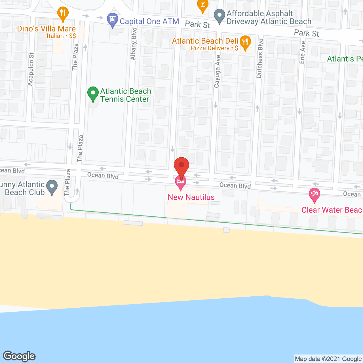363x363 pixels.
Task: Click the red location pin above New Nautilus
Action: click(x=181, y=166)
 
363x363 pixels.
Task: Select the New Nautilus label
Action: click(x=191, y=197)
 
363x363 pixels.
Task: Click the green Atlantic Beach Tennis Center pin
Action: click(x=93, y=93)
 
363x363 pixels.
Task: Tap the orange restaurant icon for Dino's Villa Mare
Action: click(x=63, y=13)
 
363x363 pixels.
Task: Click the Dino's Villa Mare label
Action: click(x=46, y=29)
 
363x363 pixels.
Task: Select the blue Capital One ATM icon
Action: click(x=113, y=20)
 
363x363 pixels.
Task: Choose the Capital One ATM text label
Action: click(x=149, y=21)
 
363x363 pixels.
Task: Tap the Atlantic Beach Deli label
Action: click(x=205, y=41)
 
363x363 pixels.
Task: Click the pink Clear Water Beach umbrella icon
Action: click(x=314, y=195)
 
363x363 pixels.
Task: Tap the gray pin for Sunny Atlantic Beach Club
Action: click(x=52, y=187)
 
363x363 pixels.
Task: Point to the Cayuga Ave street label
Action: click(x=217, y=71)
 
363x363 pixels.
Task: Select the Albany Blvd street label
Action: click(x=134, y=44)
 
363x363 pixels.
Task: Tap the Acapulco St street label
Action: click(x=31, y=69)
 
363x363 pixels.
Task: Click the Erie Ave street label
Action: click(x=302, y=52)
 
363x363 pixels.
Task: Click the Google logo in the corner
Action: click(x=19, y=356)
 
